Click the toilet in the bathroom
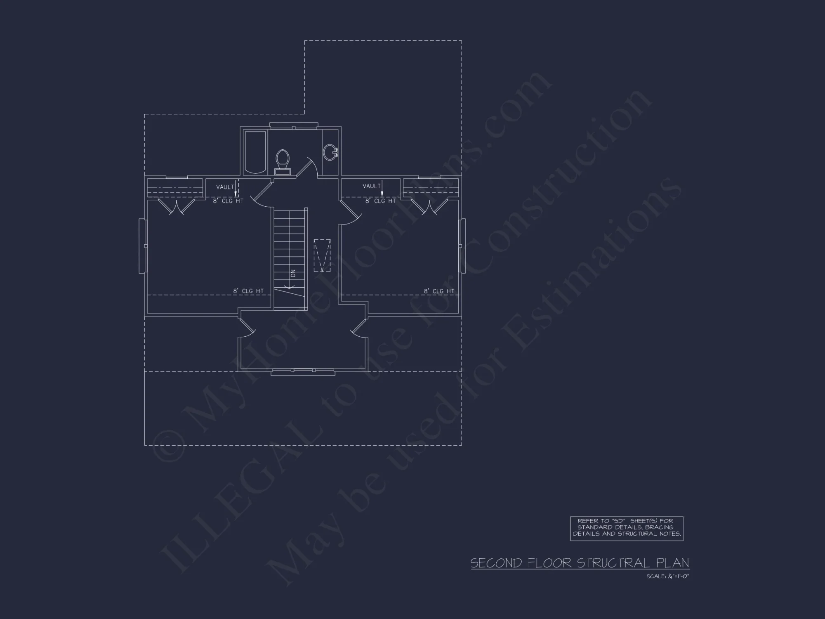(x=283, y=161)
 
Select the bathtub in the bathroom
(x=255, y=152)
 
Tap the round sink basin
(x=330, y=152)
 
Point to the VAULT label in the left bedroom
(x=225, y=187)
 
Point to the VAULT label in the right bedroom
(x=371, y=186)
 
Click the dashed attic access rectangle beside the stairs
(x=322, y=255)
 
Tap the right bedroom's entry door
(x=351, y=212)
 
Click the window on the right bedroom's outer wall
(x=462, y=246)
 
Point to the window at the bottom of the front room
(x=303, y=372)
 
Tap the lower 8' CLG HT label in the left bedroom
(x=248, y=291)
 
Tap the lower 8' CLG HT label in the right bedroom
(x=439, y=291)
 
